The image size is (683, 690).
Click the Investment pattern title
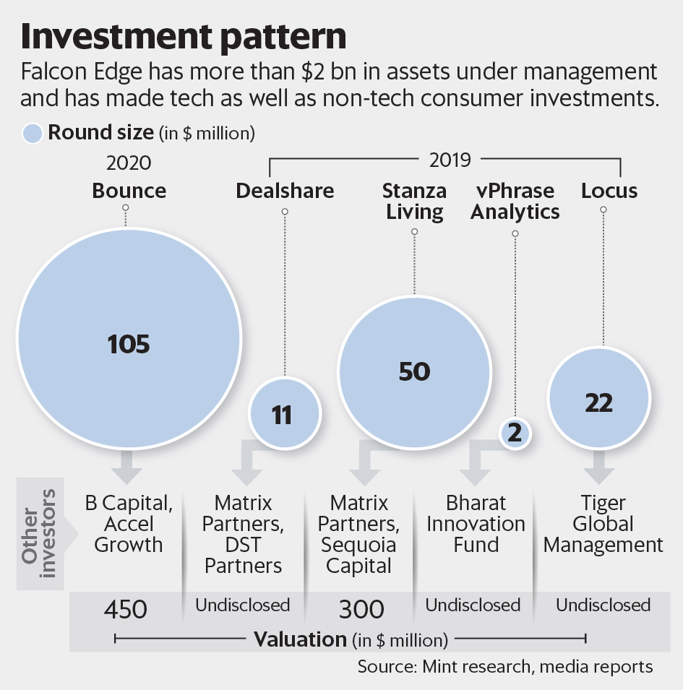tap(184, 36)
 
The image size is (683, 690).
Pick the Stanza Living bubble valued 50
tap(414, 371)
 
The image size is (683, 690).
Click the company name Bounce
tap(129, 191)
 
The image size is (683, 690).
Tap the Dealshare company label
tap(285, 191)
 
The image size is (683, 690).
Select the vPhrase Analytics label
tap(517, 201)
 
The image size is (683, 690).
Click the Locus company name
tap(609, 191)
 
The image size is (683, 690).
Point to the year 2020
tap(129, 163)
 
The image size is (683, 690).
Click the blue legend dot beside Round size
tap(33, 133)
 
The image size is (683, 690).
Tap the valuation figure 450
tap(126, 609)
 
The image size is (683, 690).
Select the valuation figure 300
tap(363, 609)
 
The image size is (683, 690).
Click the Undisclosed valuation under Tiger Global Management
tap(603, 605)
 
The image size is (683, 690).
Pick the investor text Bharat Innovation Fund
tap(476, 523)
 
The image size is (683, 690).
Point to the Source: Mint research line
tap(505, 666)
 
